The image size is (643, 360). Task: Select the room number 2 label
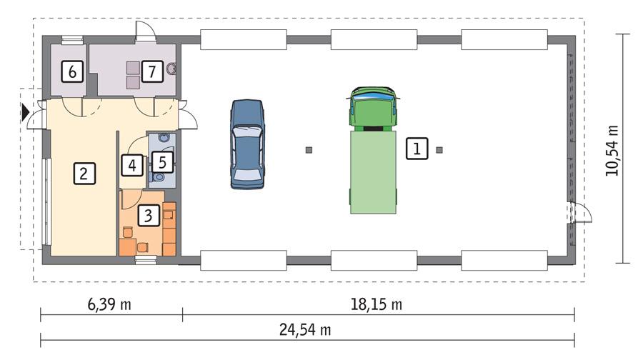(83, 173)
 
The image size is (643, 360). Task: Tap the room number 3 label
(146, 214)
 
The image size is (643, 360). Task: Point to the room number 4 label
(131, 165)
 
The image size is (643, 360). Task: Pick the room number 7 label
(150, 71)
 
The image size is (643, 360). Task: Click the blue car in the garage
(247, 144)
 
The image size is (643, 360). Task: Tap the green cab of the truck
(372, 109)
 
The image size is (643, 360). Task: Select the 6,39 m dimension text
(109, 305)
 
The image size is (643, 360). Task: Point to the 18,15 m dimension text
(377, 305)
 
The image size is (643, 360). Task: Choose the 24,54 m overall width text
(305, 330)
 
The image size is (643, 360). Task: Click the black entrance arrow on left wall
(26, 112)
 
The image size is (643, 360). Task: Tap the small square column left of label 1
(309, 150)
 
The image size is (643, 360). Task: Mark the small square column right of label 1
(439, 150)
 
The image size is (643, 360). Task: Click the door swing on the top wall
(145, 29)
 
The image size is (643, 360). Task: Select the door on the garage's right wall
(579, 212)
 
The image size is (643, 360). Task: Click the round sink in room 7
(171, 69)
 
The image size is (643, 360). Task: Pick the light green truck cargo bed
(372, 171)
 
